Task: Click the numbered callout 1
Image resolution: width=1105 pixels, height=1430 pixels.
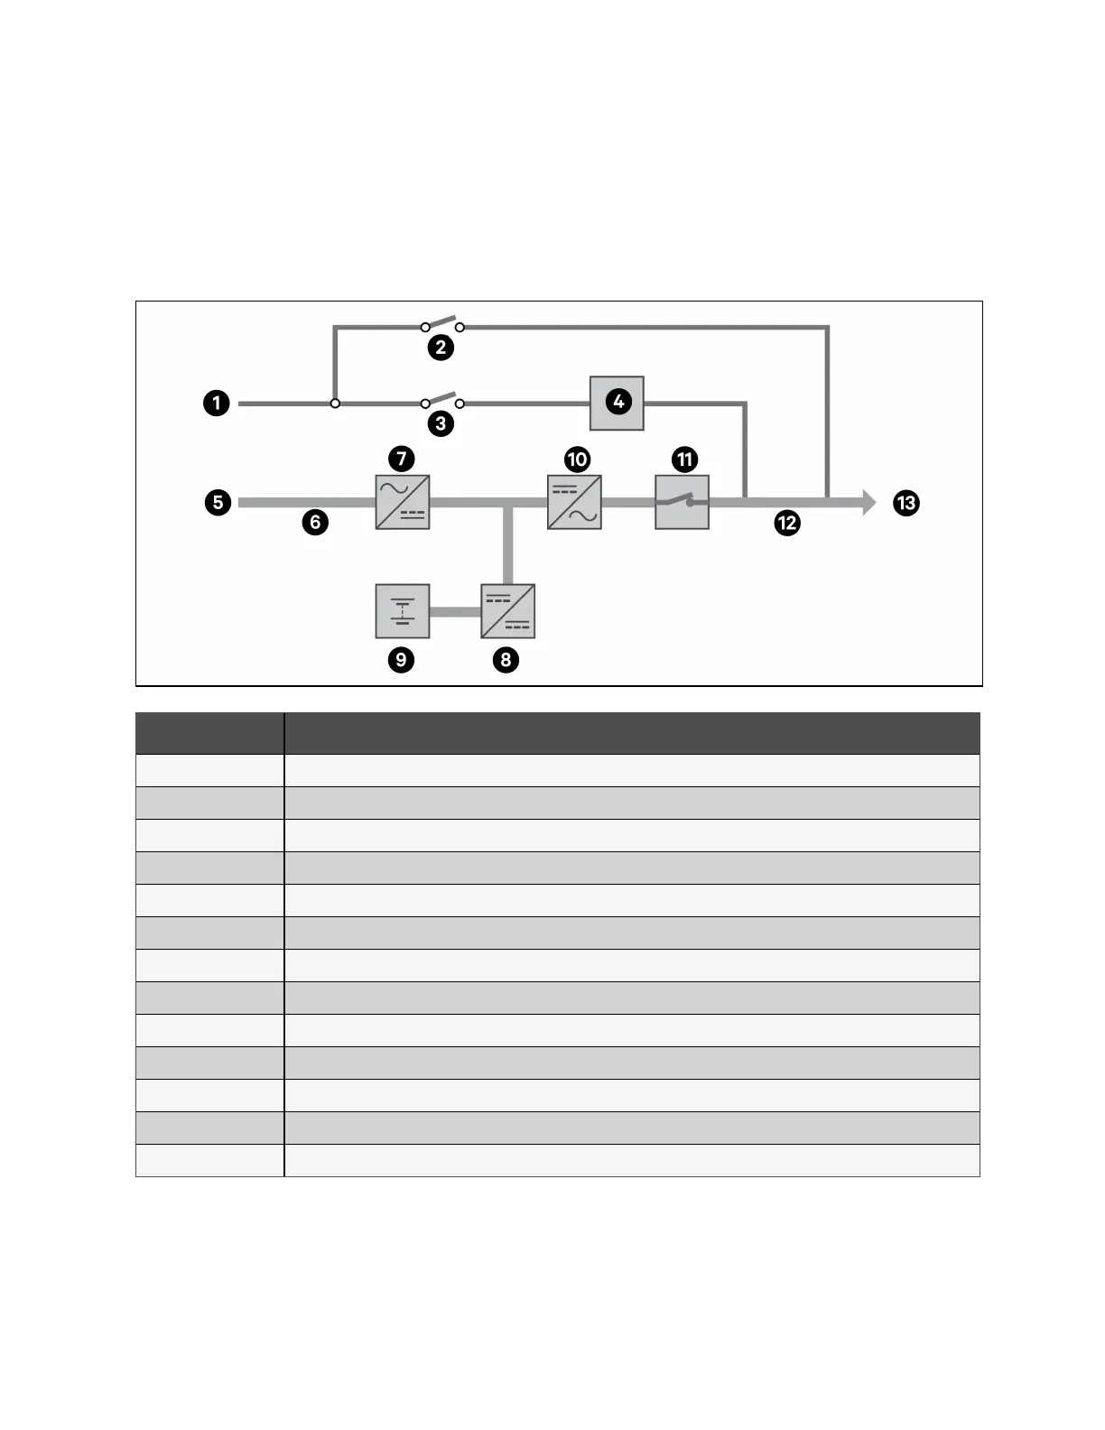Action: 217,403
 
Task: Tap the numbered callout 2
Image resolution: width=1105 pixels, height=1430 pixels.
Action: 441,348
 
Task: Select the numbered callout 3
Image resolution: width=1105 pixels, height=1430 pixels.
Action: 441,423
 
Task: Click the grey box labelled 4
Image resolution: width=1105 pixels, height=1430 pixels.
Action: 617,403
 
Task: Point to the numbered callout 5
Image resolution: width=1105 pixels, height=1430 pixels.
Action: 218,502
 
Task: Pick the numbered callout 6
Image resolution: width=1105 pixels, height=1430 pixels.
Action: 315,522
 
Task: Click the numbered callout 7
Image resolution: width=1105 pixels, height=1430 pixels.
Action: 402,459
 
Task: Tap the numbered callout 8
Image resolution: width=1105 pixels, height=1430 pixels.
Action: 506,660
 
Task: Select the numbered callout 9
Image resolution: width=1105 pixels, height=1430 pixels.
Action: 401,660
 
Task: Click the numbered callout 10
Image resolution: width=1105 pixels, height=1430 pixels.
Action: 577,460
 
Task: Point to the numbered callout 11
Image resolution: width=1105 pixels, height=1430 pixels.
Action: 685,460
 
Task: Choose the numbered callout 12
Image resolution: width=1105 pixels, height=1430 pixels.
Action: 787,523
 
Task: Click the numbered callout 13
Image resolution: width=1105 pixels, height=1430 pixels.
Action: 906,503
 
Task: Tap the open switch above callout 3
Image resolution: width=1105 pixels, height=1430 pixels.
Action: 442,401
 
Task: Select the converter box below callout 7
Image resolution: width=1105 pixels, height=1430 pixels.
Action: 403,502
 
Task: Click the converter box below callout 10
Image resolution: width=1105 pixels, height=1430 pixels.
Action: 574,502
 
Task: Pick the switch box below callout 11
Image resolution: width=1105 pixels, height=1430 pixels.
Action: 682,502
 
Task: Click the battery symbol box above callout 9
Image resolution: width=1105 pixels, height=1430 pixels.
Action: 403,611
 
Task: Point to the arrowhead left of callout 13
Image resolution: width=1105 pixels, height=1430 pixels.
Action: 868,502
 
